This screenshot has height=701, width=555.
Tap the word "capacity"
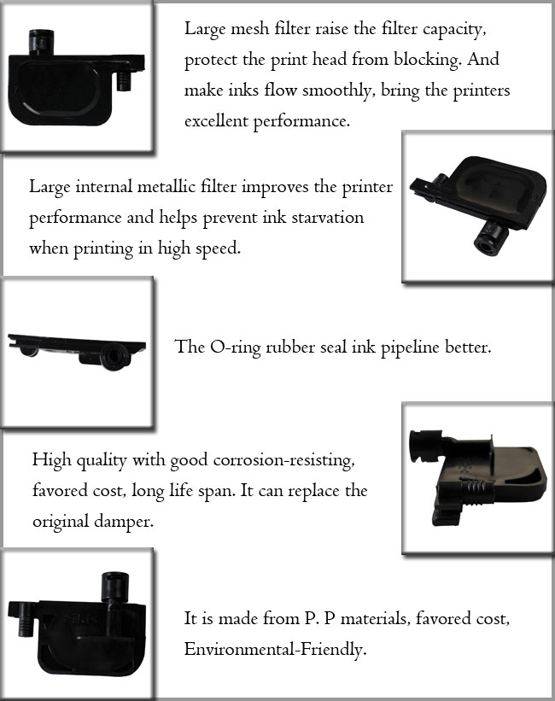click(435, 29)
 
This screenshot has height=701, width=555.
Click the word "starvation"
click(325, 217)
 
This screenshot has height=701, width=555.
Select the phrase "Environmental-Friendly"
click(275, 649)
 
